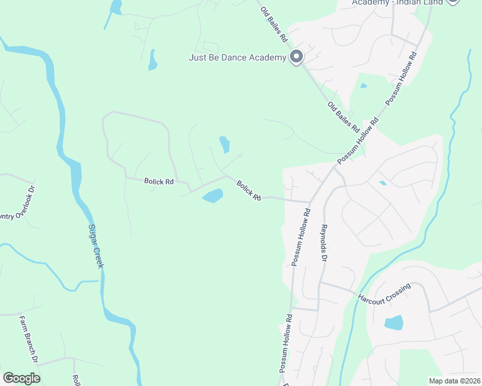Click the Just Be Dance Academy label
tap(236, 58)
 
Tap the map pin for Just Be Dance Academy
tap(296, 57)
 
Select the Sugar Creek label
tap(97, 246)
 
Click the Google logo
tap(21, 378)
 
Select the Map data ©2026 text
tap(454, 381)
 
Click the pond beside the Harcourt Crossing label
tap(393, 322)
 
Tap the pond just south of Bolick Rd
tap(213, 195)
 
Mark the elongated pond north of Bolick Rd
tap(224, 144)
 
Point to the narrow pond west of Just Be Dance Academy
tap(153, 60)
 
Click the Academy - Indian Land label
tap(398, 3)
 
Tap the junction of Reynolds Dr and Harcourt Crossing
tap(320, 282)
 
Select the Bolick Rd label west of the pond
tap(159, 182)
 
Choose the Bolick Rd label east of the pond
tap(249, 190)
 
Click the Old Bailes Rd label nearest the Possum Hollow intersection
tap(342, 115)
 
